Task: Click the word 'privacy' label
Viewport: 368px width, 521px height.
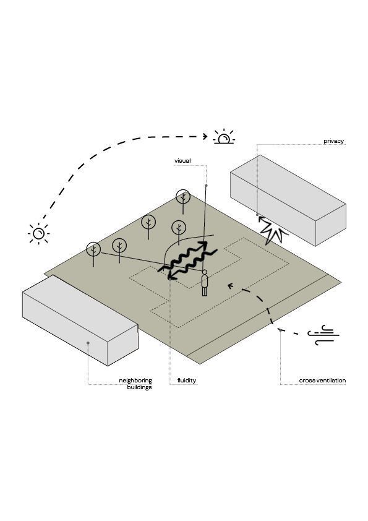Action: [x=334, y=141]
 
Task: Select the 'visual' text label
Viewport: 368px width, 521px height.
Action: [x=182, y=161]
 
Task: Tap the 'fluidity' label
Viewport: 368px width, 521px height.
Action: [x=187, y=381]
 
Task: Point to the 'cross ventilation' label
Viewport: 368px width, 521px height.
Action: [x=322, y=381]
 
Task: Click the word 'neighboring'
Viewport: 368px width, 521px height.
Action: [x=135, y=381]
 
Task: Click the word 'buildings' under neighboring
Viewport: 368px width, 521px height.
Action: [x=140, y=387]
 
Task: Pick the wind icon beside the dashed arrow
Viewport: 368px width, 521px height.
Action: [x=323, y=336]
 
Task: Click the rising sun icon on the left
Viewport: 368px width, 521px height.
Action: [x=39, y=234]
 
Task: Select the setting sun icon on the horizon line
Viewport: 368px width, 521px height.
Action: [x=224, y=137]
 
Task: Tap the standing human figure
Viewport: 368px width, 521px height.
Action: [x=205, y=282]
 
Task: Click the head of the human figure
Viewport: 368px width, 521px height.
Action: [x=205, y=272]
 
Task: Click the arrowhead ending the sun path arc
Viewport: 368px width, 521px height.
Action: [x=205, y=136]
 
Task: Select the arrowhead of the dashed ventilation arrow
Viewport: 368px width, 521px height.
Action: [x=230, y=285]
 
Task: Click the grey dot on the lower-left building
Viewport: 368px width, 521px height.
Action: [x=88, y=343]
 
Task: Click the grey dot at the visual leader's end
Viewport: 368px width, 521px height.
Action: [x=206, y=186]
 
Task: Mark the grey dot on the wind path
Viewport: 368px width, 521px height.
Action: [x=280, y=330]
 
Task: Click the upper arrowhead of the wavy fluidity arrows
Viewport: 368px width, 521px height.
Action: [x=203, y=245]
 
